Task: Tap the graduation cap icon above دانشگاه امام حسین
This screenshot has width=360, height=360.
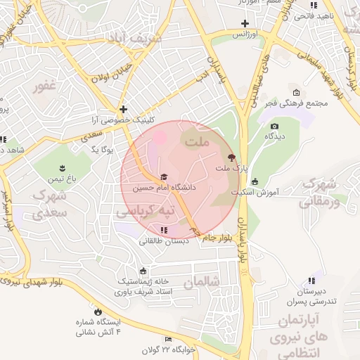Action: (x=164, y=177)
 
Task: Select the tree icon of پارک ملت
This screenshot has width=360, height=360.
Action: (x=231, y=157)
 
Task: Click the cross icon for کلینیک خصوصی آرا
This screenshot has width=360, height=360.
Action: (x=123, y=109)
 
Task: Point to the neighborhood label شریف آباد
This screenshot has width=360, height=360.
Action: (x=139, y=37)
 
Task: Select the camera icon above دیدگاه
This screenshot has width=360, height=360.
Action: (x=274, y=127)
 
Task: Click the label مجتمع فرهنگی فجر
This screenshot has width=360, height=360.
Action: (x=297, y=103)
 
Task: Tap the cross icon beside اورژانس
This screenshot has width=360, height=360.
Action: (x=244, y=24)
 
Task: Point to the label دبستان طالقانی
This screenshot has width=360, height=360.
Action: (x=162, y=240)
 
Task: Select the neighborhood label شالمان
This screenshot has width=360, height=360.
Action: (x=202, y=282)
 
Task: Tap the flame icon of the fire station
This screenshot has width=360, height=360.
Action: (x=97, y=311)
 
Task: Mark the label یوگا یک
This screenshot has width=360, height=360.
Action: (x=103, y=149)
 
